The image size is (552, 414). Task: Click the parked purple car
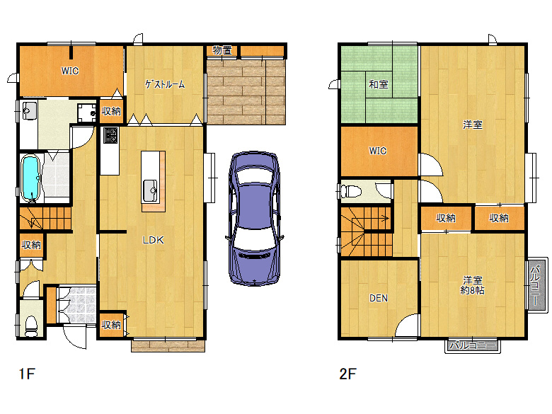[255, 218]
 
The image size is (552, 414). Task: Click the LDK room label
[153, 240]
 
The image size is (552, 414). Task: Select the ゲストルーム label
[165, 84]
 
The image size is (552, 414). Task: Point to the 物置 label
[222, 50]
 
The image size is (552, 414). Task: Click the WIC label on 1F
[69, 71]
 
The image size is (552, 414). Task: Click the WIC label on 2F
[378, 151]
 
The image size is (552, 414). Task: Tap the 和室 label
[379, 84]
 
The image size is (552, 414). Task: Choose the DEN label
[379, 298]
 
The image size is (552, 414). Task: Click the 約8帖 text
[473, 290]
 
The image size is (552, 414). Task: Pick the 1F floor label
[27, 374]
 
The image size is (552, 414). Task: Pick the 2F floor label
[347, 374]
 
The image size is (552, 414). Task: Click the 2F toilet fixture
[352, 192]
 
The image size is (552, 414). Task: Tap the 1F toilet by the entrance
[31, 326]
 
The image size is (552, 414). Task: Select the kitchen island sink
[150, 190]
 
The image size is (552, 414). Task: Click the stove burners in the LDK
[110, 135]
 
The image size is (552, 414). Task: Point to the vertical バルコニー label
[536, 285]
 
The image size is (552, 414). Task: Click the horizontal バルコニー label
[473, 345]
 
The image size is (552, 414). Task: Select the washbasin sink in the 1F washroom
[29, 110]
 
